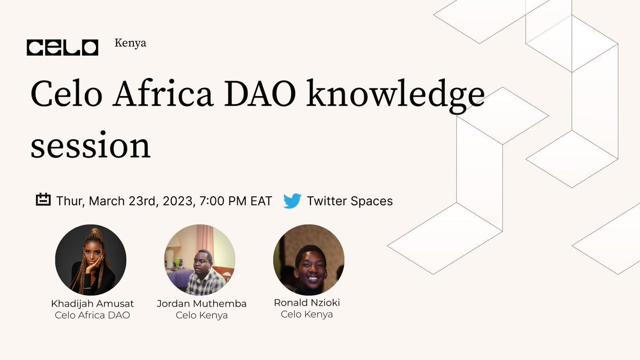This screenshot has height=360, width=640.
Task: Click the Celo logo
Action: (62, 47)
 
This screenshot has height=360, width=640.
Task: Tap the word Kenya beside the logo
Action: (130, 43)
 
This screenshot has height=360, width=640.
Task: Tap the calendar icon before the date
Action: (43, 200)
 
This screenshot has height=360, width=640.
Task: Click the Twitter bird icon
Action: (292, 201)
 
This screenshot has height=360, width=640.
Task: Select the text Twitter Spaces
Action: (349, 201)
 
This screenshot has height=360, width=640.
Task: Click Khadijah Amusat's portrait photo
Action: (91, 260)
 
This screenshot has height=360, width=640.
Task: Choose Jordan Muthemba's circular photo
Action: (199, 260)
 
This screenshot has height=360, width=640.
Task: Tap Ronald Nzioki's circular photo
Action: (309, 260)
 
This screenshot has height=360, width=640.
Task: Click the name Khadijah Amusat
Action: (92, 303)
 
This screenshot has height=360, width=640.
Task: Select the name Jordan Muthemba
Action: (202, 303)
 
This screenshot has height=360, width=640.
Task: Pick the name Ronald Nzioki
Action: (307, 302)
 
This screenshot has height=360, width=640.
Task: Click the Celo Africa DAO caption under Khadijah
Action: (92, 315)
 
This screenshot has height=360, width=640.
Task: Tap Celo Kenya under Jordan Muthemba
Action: (202, 315)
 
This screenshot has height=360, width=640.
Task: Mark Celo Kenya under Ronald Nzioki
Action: (307, 314)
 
